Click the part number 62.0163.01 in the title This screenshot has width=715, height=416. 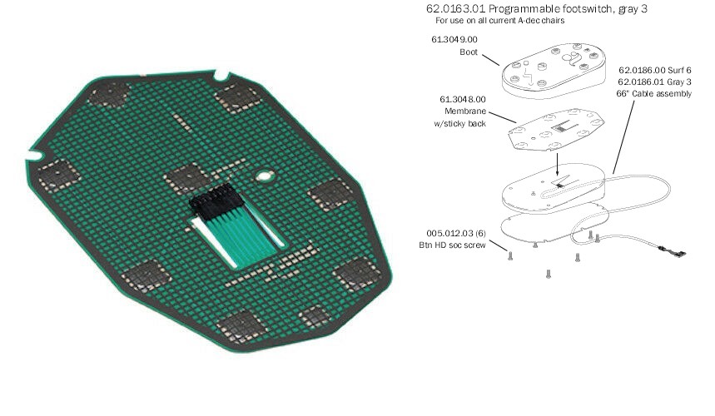[455, 8]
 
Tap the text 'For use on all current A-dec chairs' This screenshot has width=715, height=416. [499, 21]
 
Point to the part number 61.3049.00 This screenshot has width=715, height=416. [454, 40]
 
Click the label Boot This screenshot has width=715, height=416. [469, 52]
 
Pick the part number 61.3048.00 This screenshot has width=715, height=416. [463, 99]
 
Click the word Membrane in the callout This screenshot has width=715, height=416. [465, 111]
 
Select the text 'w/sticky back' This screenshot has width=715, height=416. [459, 123]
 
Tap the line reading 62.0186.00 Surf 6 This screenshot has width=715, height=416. [655, 70]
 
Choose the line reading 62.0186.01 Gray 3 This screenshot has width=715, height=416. [655, 82]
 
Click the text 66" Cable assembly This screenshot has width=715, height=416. [654, 94]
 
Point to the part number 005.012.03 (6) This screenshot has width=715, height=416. [456, 233]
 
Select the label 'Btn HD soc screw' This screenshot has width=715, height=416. [452, 245]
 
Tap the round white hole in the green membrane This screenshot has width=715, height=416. [264, 176]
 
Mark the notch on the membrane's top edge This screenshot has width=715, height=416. [221, 75]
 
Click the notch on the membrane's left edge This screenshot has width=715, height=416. [35, 156]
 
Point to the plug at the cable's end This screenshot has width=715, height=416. [673, 251]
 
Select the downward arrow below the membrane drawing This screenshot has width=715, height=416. [557, 165]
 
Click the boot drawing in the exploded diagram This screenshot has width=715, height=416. [554, 70]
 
